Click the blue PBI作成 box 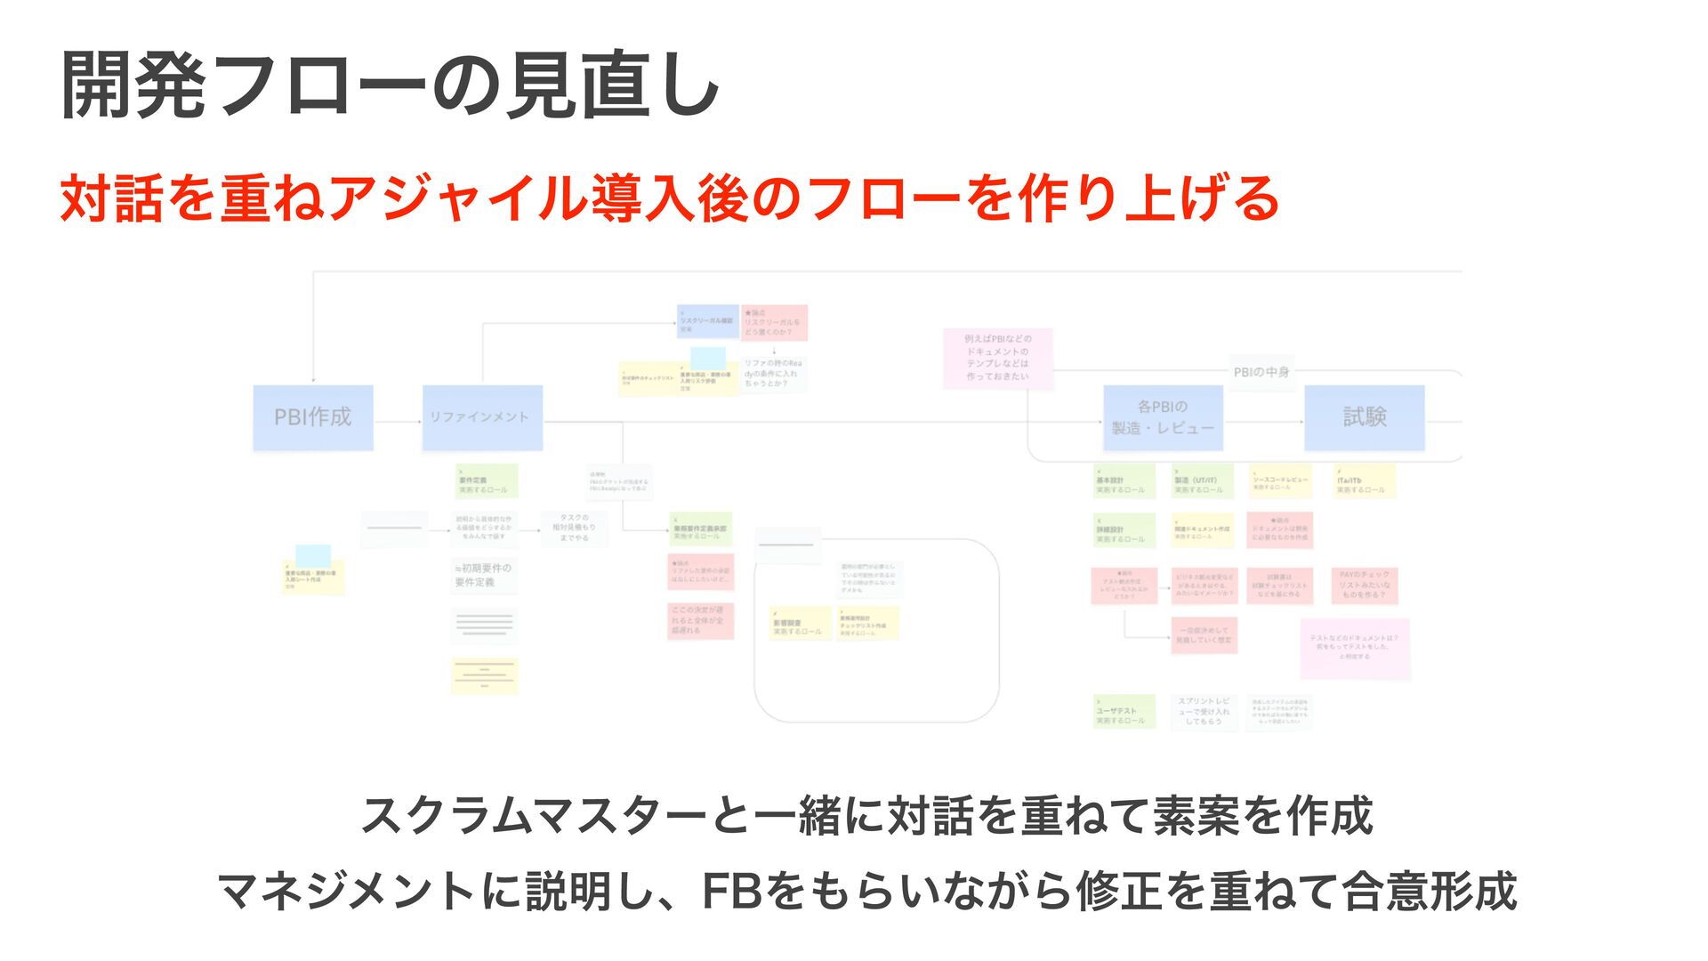(x=313, y=417)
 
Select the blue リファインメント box (x=482, y=417)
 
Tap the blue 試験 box (x=1364, y=417)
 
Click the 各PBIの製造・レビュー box (x=1163, y=417)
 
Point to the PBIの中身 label (x=1261, y=372)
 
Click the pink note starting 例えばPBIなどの (x=998, y=358)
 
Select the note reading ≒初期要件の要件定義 (x=484, y=575)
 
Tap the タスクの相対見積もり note (x=574, y=528)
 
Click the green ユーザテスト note (x=1124, y=712)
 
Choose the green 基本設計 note (x=1124, y=481)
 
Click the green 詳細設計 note (x=1124, y=530)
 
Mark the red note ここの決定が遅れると (x=701, y=620)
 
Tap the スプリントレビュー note (x=1204, y=712)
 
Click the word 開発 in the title (x=133, y=85)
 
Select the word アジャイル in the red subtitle (x=460, y=198)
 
